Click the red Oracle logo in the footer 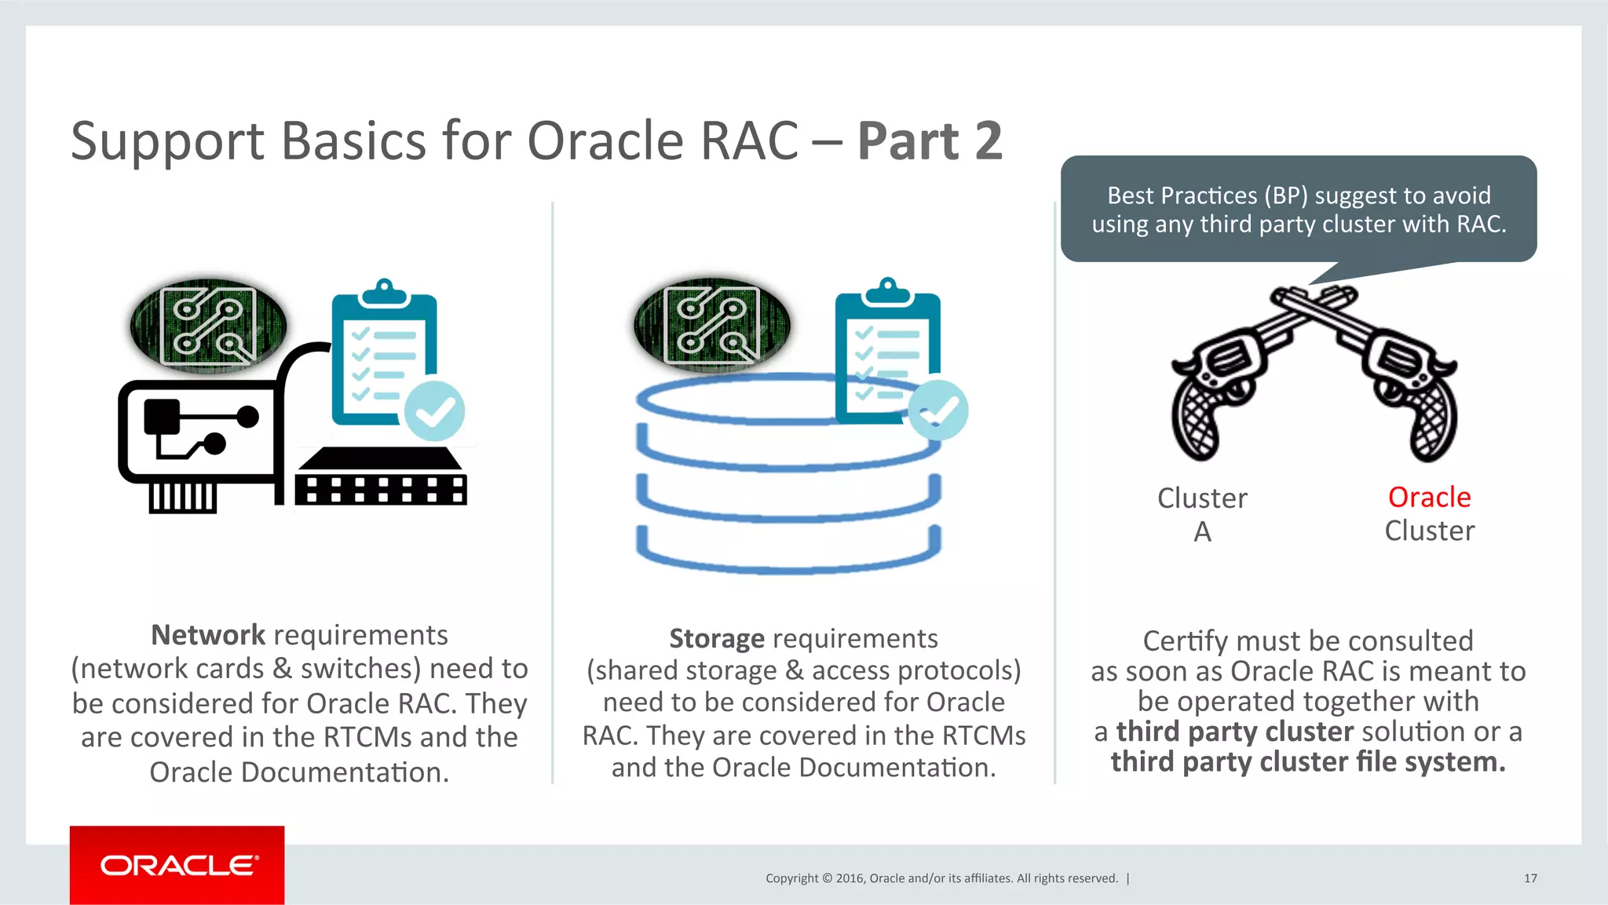click(177, 865)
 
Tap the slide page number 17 click(1530, 878)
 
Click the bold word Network click(208, 635)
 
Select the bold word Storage click(716, 639)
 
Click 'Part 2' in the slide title click(930, 141)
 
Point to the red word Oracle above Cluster click(1429, 497)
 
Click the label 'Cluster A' click(1202, 514)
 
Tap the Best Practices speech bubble click(1299, 210)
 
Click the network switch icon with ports click(382, 478)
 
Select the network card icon click(196, 440)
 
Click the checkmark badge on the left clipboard click(434, 411)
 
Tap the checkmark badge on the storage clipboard click(938, 410)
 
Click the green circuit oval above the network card click(208, 325)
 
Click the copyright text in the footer click(941, 878)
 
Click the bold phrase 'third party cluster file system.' click(1308, 762)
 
